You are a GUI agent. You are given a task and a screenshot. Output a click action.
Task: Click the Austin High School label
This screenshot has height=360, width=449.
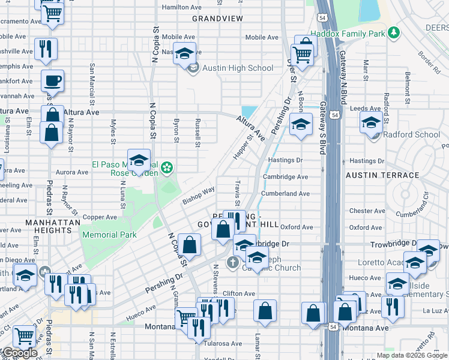click(x=238, y=68)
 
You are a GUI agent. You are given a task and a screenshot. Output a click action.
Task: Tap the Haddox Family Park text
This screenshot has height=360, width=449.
click(x=348, y=34)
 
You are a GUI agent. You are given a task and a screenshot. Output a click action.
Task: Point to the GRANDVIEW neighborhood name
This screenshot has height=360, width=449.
click(x=218, y=19)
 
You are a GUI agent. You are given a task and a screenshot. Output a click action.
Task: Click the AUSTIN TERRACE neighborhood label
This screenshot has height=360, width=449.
click(x=382, y=175)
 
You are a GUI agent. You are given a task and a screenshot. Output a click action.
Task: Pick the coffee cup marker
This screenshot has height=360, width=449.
click(x=52, y=81)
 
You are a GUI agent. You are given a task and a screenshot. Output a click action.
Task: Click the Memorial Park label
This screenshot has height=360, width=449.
click(x=109, y=235)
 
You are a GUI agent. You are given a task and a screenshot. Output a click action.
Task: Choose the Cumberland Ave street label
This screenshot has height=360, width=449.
click(x=285, y=194)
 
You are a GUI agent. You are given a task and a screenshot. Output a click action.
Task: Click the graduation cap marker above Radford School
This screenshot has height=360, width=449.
click(x=372, y=123)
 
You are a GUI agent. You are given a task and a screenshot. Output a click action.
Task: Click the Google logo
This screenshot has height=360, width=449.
click(x=19, y=353)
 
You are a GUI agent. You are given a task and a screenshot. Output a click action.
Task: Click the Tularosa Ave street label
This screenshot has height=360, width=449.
click(x=223, y=344)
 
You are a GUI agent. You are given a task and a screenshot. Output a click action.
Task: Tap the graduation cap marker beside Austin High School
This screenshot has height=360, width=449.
click(x=185, y=53)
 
